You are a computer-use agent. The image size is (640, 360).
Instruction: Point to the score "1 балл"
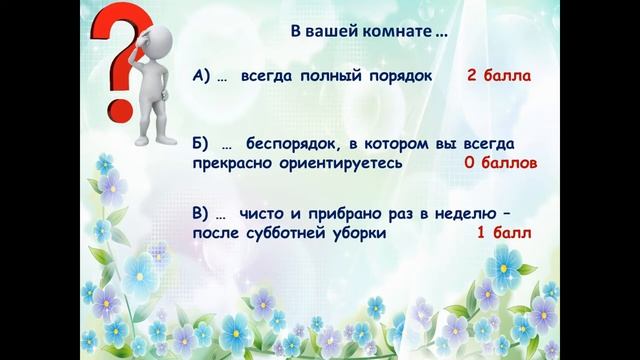502,232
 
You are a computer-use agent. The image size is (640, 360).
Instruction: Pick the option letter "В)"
203,213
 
